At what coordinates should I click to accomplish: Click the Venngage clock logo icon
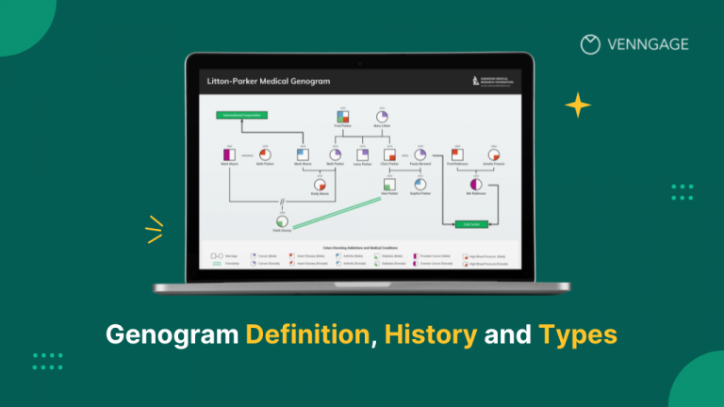pyautogui.click(x=590, y=43)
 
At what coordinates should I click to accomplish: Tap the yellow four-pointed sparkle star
pyautogui.click(x=578, y=105)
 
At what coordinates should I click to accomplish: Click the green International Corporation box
pyautogui.click(x=241, y=115)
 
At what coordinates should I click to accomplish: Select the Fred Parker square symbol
pyautogui.click(x=343, y=115)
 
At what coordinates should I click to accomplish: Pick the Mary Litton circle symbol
pyautogui.click(x=383, y=115)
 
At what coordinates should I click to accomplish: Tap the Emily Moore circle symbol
pyautogui.click(x=321, y=185)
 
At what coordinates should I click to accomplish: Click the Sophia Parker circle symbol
pyautogui.click(x=420, y=185)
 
